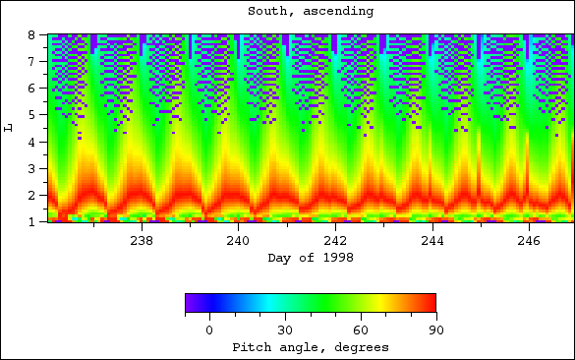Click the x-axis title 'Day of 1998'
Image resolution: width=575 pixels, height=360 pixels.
pos(311,258)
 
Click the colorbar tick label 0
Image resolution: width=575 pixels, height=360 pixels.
pos(209,330)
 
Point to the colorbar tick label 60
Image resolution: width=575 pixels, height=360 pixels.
pos(360,330)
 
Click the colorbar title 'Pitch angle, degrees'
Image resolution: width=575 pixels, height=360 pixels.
pos(311,347)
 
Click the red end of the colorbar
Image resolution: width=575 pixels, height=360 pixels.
pos(430,303)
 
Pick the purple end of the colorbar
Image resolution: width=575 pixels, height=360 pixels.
pos(190,303)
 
